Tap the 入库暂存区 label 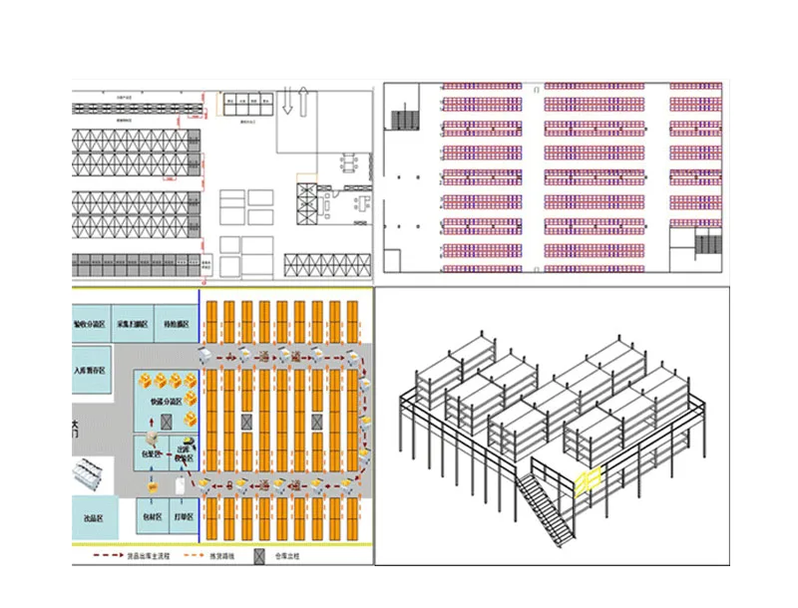pos(94,369)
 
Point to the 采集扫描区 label pos(134,324)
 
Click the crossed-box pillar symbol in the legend pos(261,554)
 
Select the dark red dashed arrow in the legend pos(111,554)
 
